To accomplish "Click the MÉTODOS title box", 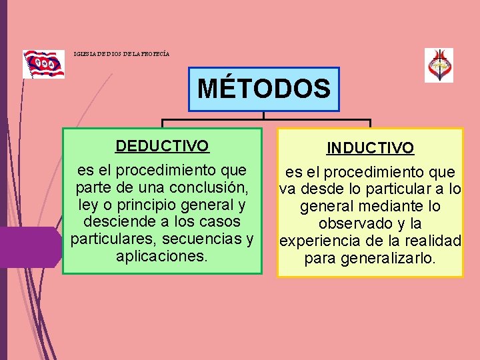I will pyautogui.click(x=264, y=89).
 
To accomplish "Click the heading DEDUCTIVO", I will pyautogui.click(x=162, y=145).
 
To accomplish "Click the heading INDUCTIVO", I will pyautogui.click(x=370, y=147).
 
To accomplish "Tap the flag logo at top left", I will pyautogui.click(x=43, y=64).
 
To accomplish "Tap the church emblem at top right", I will pyautogui.click(x=439, y=65).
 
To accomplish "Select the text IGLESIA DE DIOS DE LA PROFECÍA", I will pyautogui.click(x=122, y=53).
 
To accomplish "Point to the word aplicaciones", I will pyautogui.click(x=162, y=256).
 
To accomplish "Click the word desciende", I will pyautogui.click(x=115, y=221).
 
